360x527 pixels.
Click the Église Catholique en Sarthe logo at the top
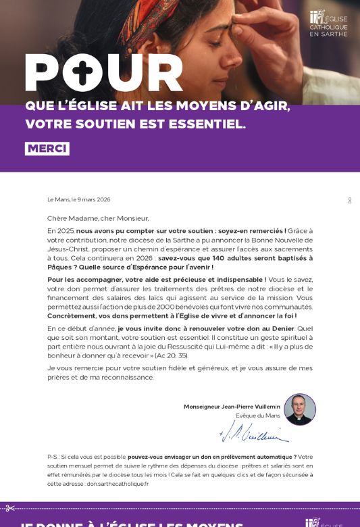328,24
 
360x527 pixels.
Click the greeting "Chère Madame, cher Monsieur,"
98,218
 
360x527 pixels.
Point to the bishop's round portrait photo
300,409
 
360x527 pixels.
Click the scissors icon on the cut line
10,508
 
